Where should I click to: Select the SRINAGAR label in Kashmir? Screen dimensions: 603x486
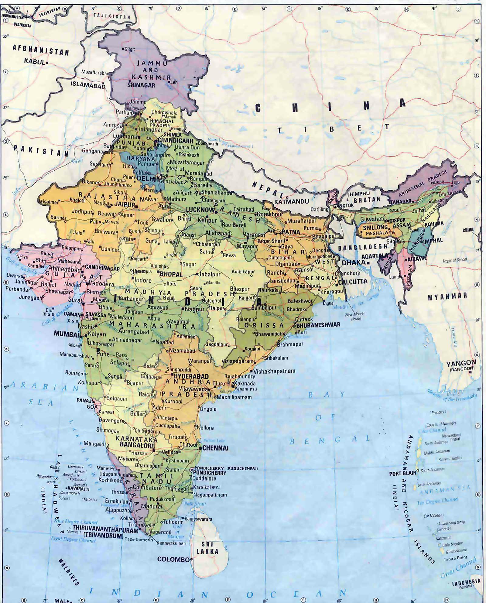(141, 85)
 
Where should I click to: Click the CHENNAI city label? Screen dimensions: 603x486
(215, 448)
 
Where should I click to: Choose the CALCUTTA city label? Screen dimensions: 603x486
(353, 281)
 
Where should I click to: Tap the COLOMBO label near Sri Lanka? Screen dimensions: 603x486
(173, 559)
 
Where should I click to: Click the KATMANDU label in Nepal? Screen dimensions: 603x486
(291, 201)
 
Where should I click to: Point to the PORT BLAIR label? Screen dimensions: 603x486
(402, 474)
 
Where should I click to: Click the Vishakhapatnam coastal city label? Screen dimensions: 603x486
(274, 371)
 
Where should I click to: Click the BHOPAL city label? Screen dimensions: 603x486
(171, 274)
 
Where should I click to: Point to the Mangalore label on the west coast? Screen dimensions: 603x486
(96, 444)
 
